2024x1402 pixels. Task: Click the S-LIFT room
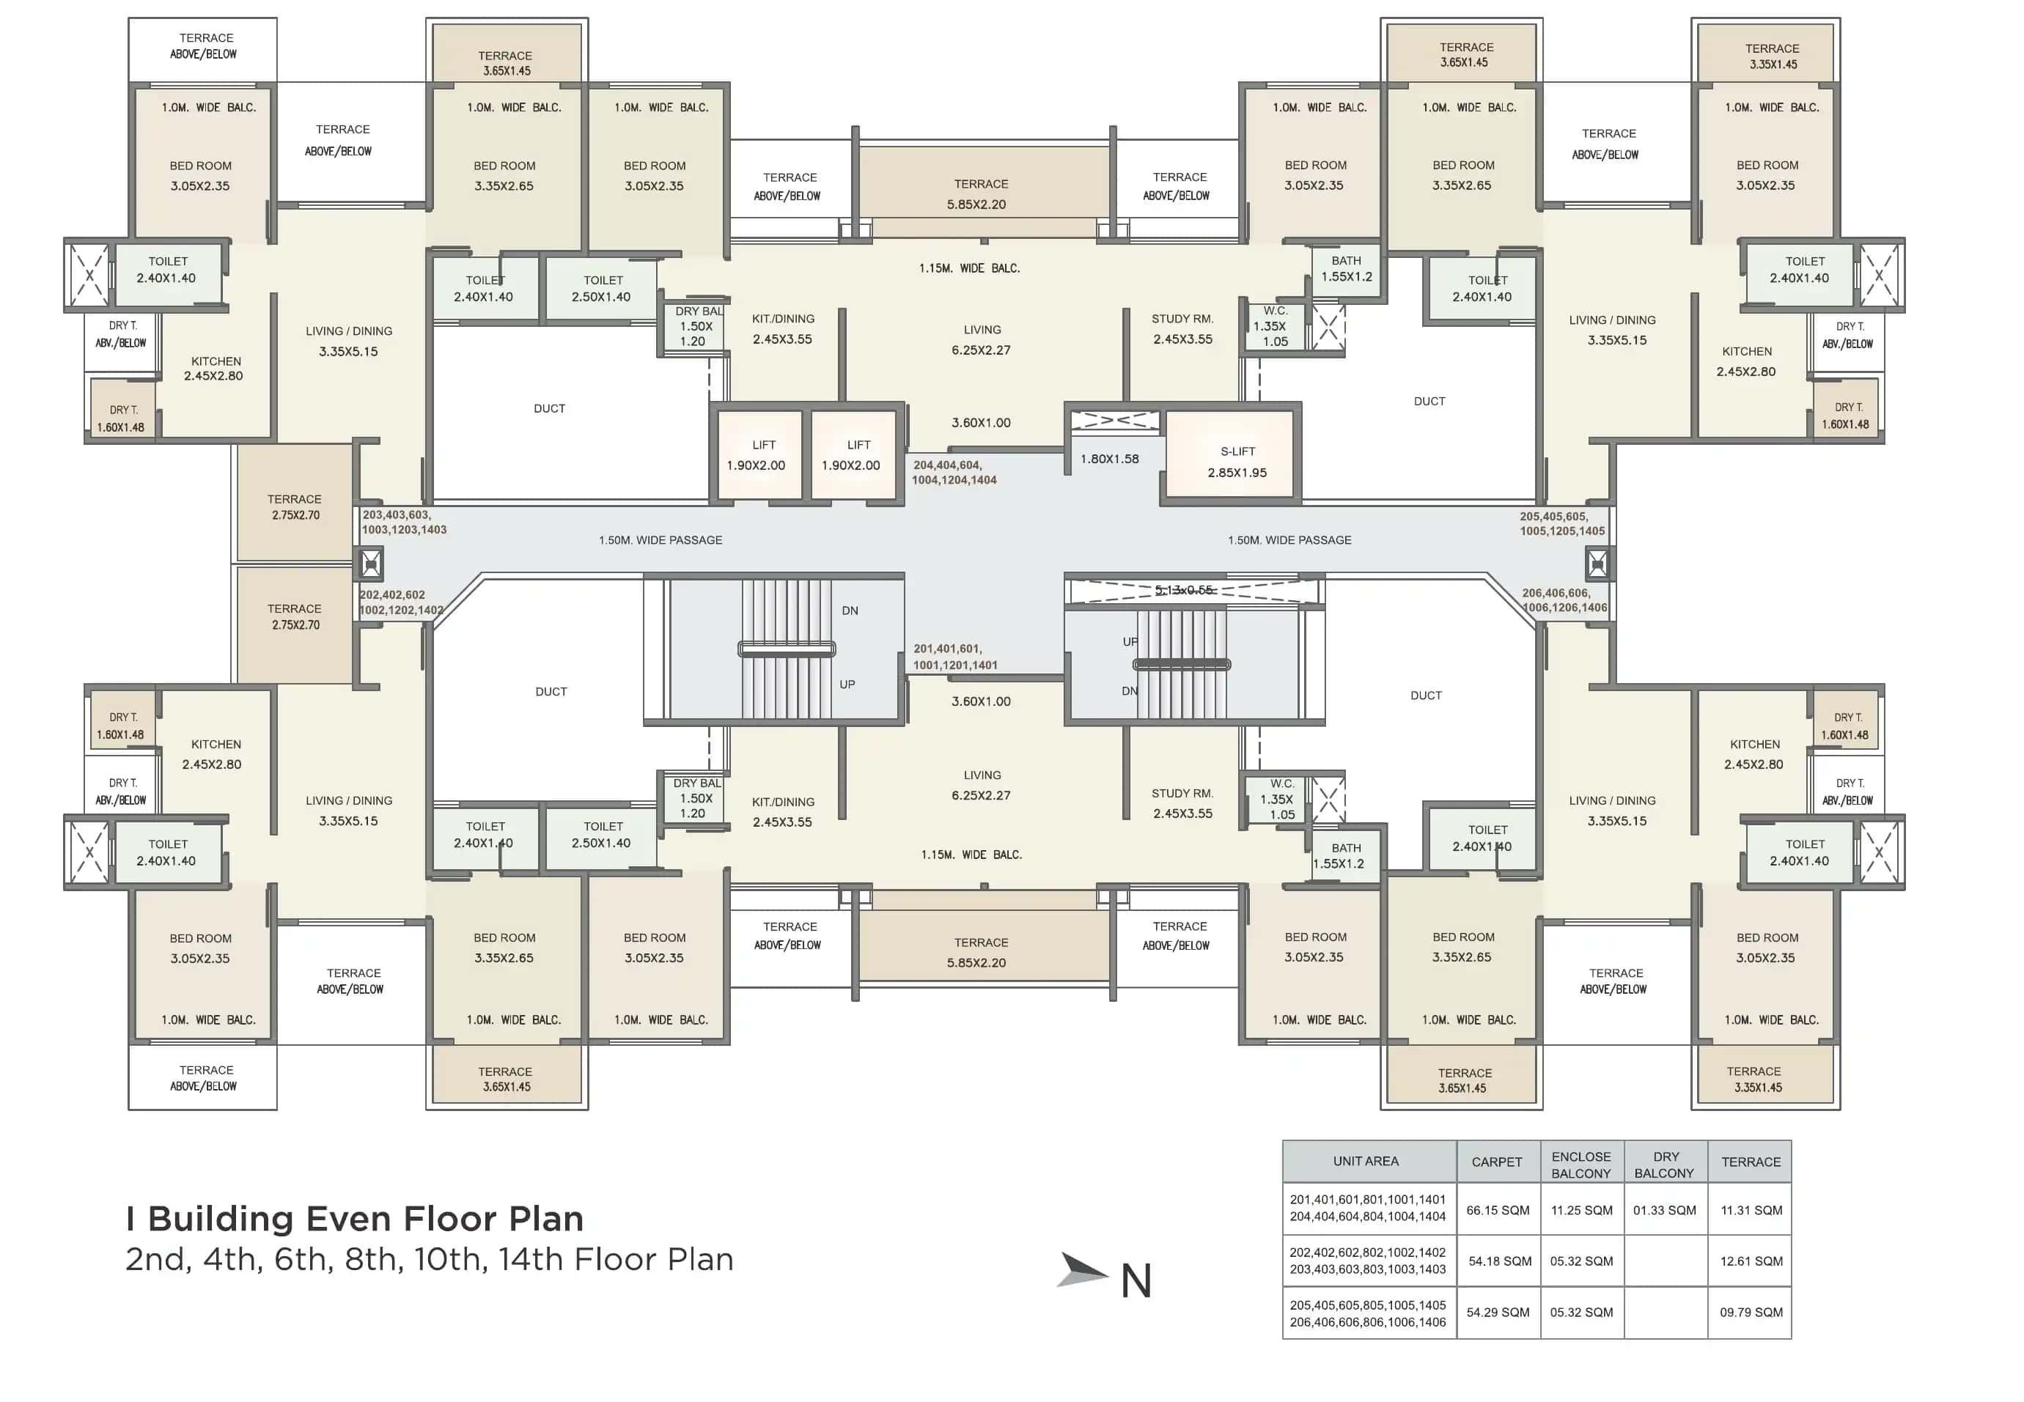click(x=1236, y=461)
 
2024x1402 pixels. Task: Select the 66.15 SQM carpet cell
click(x=1497, y=1210)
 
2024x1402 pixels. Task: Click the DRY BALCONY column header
click(x=1665, y=1164)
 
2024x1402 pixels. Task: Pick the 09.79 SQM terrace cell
click(x=1750, y=1312)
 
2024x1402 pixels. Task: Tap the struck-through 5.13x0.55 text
click(x=1183, y=589)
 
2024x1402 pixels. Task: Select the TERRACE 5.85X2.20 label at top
click(x=980, y=194)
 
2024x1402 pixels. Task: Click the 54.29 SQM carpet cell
click(x=1497, y=1312)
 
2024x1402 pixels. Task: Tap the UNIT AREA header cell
click(x=1364, y=1162)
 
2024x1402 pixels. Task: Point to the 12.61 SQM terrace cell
click(x=1750, y=1261)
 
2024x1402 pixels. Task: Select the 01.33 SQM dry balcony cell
click(x=1664, y=1210)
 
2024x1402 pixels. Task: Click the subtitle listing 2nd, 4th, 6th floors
click(x=429, y=1260)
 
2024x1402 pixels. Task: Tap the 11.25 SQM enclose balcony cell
click(x=1580, y=1210)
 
